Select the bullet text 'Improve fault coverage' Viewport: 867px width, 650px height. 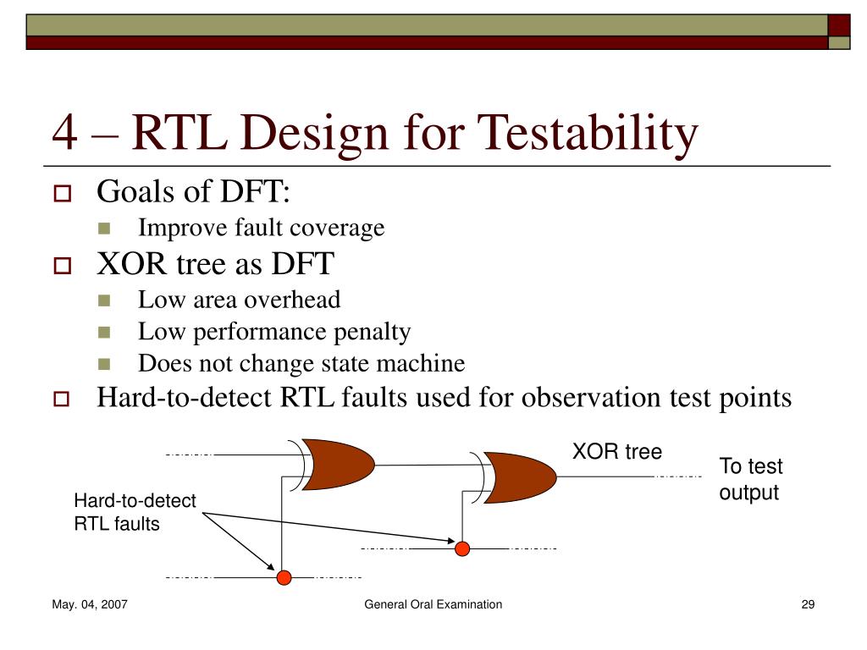coord(261,228)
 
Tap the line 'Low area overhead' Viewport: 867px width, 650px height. coord(239,300)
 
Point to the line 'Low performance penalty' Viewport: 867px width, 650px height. coord(274,332)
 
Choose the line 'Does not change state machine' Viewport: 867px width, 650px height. coord(301,364)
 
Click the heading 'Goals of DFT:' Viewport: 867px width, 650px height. coord(194,192)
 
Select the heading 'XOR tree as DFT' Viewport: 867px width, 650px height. coord(215,265)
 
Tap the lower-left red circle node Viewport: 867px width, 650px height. coord(284,578)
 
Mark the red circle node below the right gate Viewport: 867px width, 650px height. coord(462,548)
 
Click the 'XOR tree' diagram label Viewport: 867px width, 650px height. coord(616,452)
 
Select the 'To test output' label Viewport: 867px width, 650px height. coord(750,479)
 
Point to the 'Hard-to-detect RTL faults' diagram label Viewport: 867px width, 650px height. coord(135,512)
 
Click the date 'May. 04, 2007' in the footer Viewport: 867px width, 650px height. coord(90,604)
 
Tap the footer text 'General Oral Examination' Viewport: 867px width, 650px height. coord(433,604)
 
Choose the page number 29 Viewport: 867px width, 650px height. coord(807,604)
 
